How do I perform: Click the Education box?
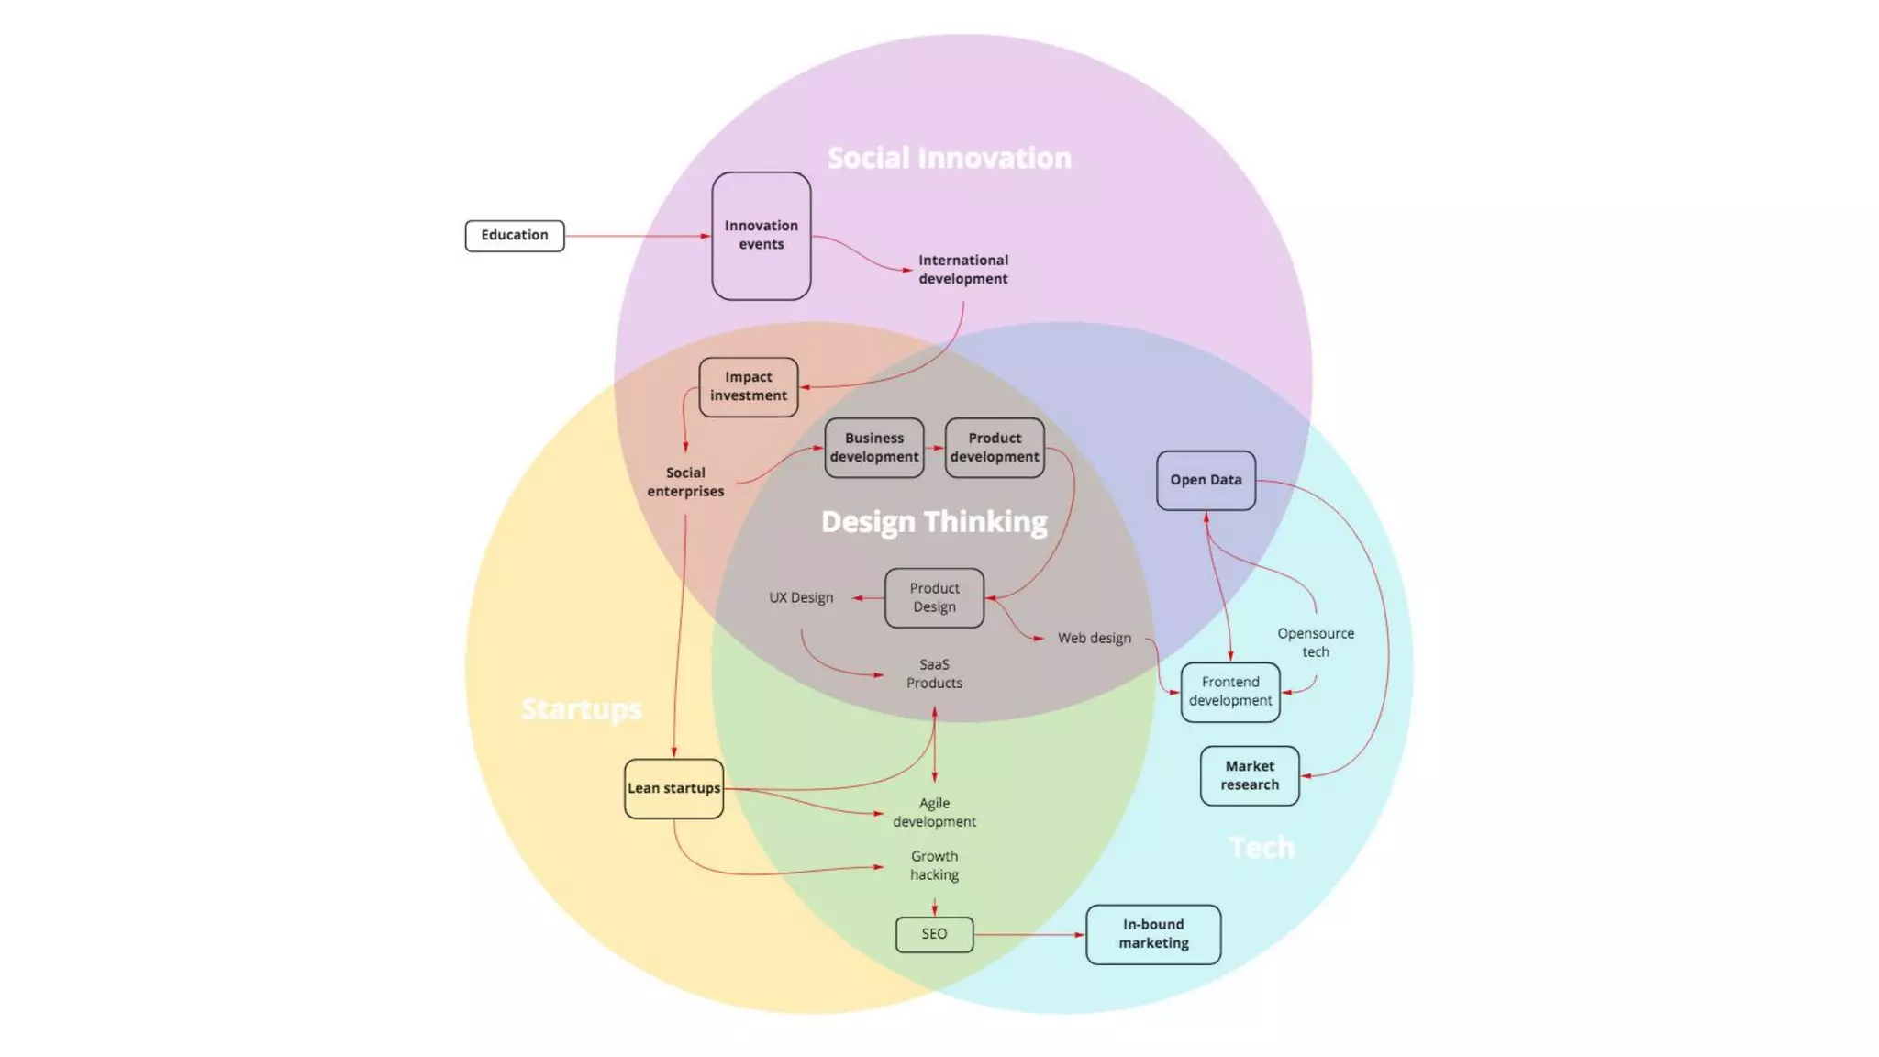click(514, 236)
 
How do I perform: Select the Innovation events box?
click(761, 236)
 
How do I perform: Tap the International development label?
click(962, 270)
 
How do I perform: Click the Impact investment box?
click(748, 386)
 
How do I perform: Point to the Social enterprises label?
click(685, 482)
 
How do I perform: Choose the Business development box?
click(873, 448)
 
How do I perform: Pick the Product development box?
click(995, 448)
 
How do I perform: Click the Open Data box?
click(1206, 480)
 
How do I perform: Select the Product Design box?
click(934, 597)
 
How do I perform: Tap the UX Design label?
click(801, 597)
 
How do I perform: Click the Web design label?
click(1094, 638)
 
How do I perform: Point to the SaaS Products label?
click(934, 673)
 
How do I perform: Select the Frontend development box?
click(1230, 692)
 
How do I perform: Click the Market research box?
click(1250, 775)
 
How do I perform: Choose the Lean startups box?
click(673, 788)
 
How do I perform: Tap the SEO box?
click(934, 934)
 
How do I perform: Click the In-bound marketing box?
click(1153, 934)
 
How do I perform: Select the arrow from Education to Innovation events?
click(638, 236)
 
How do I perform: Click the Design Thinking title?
click(934, 521)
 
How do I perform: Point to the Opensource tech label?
click(1315, 642)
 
